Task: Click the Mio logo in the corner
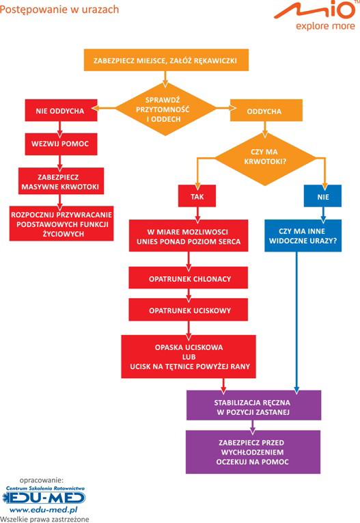pos(315,15)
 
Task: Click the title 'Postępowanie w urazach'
pos(59,10)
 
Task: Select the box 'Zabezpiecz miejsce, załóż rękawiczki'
pos(166,60)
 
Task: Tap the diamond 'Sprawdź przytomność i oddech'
pos(165,109)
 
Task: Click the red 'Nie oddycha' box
pos(61,110)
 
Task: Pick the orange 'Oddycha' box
pos(266,110)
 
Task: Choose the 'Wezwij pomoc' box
pos(61,144)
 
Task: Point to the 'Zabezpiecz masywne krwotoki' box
pos(61,181)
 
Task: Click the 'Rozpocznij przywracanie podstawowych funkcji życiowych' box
pos(61,224)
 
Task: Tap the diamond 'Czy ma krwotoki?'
pos(265,157)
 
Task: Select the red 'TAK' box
pos(197,196)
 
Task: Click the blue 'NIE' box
pos(322,196)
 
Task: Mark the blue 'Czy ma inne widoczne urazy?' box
pos(303,235)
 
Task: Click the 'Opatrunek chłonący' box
pos(189,278)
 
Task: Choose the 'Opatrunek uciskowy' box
pos(189,310)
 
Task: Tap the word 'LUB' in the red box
pos(189,357)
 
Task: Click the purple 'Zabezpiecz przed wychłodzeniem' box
pos(253,452)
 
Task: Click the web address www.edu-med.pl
pos(43,510)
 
